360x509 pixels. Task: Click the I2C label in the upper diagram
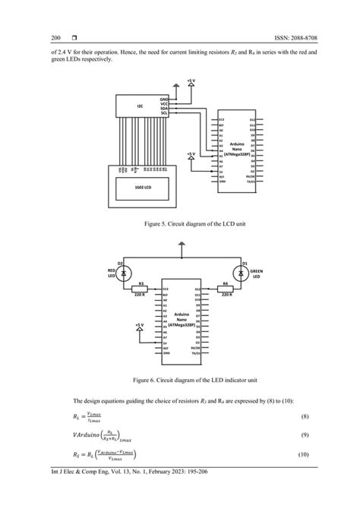click(x=139, y=106)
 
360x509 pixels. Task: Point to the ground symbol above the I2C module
click(x=177, y=87)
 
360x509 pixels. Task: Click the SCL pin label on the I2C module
click(x=163, y=113)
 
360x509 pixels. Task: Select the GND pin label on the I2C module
click(x=163, y=100)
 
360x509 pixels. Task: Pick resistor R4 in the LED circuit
click(x=226, y=289)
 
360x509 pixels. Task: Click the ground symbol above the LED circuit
click(x=180, y=246)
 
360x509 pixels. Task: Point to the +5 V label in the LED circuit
click(x=139, y=324)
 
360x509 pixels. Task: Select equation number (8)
click(x=305, y=418)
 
